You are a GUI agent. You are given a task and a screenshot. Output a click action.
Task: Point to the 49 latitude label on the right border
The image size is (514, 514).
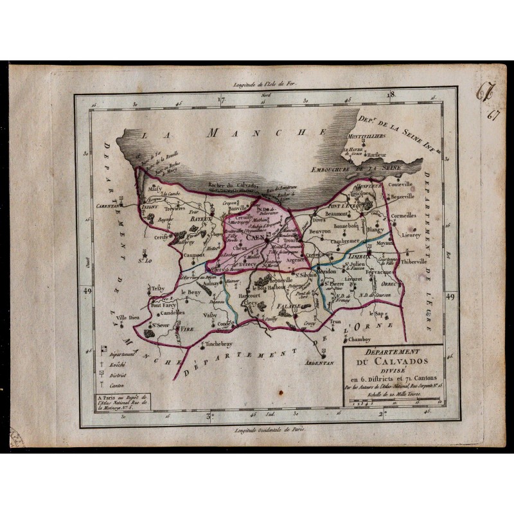tap(449, 296)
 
